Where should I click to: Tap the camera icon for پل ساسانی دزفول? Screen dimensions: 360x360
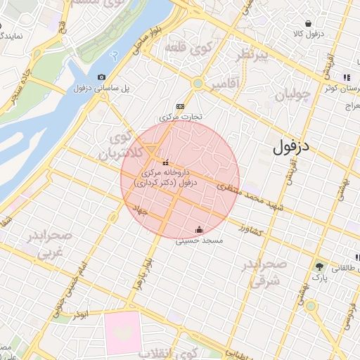[102, 77]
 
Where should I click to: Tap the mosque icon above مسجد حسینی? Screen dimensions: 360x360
[200, 229]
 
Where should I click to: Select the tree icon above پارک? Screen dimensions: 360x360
[320, 266]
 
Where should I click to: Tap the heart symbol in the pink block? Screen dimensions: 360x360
[122, 333]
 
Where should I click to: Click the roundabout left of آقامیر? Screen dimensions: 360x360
[198, 84]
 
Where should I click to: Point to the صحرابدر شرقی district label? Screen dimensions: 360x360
[264, 272]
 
